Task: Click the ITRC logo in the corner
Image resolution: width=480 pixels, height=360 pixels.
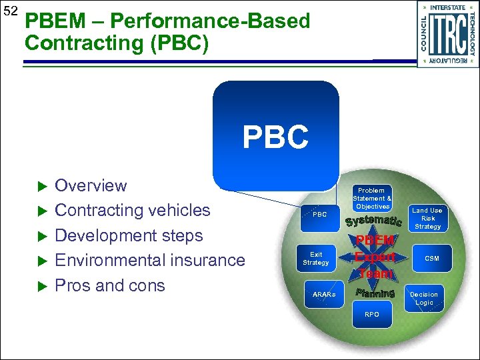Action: tap(447, 34)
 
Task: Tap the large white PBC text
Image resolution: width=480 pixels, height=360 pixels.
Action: tap(275, 137)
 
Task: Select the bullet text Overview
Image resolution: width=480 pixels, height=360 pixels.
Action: tap(91, 185)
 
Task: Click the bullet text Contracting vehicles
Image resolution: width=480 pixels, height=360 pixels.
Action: tap(132, 210)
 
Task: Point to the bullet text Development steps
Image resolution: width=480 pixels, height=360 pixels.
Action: tap(129, 235)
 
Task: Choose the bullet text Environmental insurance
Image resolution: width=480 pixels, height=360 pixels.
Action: tap(149, 260)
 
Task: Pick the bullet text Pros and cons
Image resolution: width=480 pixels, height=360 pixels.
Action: tap(109, 285)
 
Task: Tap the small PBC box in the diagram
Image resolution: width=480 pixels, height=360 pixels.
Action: tap(320, 215)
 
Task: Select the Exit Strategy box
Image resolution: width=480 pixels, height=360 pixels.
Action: tap(316, 259)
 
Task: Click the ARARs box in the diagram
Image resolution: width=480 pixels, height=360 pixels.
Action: tap(324, 294)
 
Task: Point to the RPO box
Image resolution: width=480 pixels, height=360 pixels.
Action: tap(371, 314)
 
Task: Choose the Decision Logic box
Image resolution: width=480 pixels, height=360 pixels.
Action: tap(424, 298)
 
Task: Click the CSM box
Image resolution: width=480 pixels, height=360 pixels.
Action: tap(432, 258)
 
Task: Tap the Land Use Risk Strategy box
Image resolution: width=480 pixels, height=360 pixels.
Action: tap(427, 218)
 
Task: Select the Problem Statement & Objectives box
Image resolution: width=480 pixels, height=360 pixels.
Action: tap(372, 199)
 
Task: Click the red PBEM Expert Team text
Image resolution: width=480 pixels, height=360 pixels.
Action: tap(375, 257)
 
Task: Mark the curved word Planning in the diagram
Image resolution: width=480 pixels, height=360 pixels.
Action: tap(375, 293)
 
